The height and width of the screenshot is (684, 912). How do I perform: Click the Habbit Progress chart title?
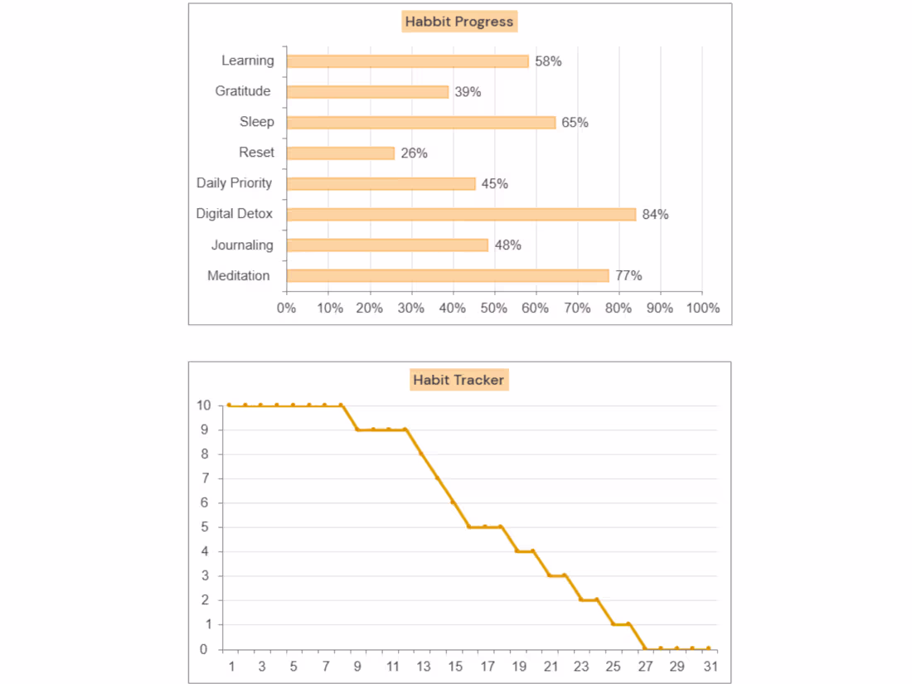(x=459, y=22)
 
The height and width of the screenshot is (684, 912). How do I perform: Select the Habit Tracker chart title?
(x=458, y=381)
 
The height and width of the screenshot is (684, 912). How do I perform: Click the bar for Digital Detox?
(x=461, y=214)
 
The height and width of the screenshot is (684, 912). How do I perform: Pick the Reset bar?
(x=340, y=153)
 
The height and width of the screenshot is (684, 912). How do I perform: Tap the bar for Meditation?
(x=448, y=275)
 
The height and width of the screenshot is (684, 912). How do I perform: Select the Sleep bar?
(x=421, y=123)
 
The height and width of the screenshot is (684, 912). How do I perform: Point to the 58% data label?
(x=548, y=61)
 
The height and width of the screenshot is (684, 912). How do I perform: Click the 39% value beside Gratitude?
(x=468, y=92)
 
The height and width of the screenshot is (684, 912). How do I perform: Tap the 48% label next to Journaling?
(x=507, y=245)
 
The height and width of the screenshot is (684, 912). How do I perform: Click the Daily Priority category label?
(x=234, y=183)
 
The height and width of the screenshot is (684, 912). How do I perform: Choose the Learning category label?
(x=247, y=61)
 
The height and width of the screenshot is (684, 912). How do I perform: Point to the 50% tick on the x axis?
(x=494, y=308)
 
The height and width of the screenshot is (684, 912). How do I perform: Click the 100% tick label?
(x=702, y=308)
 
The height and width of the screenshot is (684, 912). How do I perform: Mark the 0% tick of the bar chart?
(x=286, y=308)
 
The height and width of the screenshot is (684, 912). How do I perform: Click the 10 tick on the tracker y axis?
(x=203, y=405)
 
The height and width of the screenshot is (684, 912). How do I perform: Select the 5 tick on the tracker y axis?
(x=203, y=527)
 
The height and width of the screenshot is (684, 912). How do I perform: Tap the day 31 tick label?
(x=709, y=667)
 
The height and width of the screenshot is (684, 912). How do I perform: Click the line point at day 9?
(x=357, y=429)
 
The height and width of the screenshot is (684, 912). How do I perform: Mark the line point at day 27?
(x=645, y=648)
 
